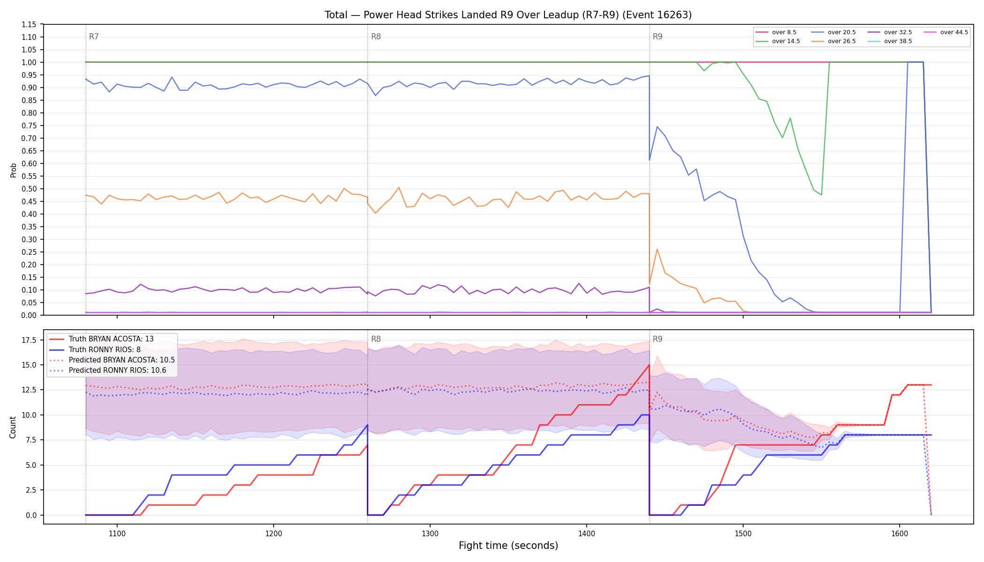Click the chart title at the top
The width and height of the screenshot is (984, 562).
pyautogui.click(x=508, y=15)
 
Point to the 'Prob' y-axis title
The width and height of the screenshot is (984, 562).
pyautogui.click(x=13, y=170)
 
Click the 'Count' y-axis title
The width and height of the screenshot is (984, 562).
pyautogui.click(x=13, y=427)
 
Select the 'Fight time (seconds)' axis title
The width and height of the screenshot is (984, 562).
pyautogui.click(x=508, y=546)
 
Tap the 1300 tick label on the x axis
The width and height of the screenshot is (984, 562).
pyautogui.click(x=430, y=533)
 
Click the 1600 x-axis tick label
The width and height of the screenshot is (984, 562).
pyautogui.click(x=899, y=533)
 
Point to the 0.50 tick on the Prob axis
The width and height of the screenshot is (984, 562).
pyautogui.click(x=29, y=189)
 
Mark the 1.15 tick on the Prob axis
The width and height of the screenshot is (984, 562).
pyautogui.click(x=29, y=24)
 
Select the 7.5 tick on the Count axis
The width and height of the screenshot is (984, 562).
pyautogui.click(x=30, y=440)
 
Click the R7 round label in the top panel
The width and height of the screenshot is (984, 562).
pyautogui.click(x=94, y=37)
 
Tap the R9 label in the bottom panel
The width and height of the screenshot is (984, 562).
pyautogui.click(x=657, y=339)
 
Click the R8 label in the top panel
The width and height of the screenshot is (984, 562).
pyautogui.click(x=376, y=37)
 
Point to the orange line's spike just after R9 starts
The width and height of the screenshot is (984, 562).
pyautogui.click(x=657, y=249)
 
